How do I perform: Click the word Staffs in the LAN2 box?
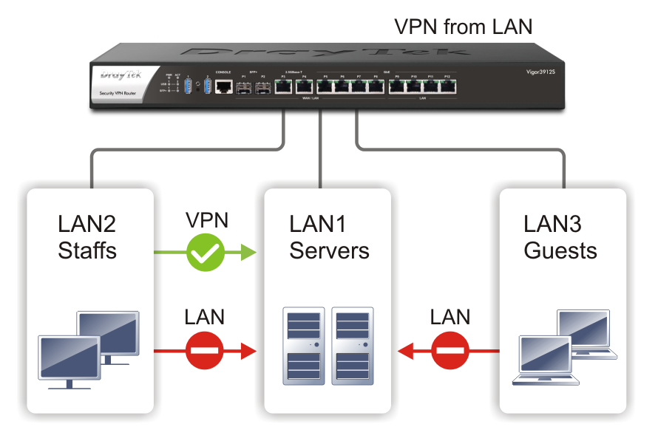87,250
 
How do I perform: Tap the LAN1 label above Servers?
318,224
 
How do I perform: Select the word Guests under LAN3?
560,250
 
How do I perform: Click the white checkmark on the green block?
205,255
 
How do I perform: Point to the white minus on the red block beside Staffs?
204,349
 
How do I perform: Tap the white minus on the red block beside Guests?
450,349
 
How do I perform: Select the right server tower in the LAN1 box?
353,346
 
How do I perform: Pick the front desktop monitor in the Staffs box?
68,358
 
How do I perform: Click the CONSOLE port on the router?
223,87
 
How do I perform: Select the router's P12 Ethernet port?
447,87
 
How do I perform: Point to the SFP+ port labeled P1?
243,87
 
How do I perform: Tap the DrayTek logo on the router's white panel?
116,75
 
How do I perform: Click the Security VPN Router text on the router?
118,93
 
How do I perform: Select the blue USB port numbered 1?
189,87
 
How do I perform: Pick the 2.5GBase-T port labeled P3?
283,87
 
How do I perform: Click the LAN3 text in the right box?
552,224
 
